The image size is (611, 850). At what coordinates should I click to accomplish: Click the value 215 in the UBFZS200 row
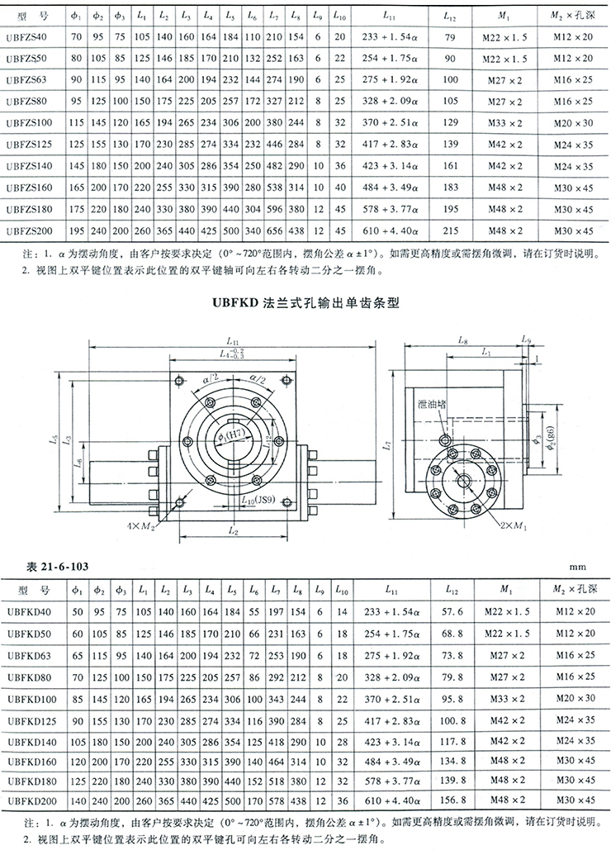451,230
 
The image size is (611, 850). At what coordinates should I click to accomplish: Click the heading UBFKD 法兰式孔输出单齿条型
305,303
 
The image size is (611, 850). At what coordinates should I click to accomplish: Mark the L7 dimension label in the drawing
389,447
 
